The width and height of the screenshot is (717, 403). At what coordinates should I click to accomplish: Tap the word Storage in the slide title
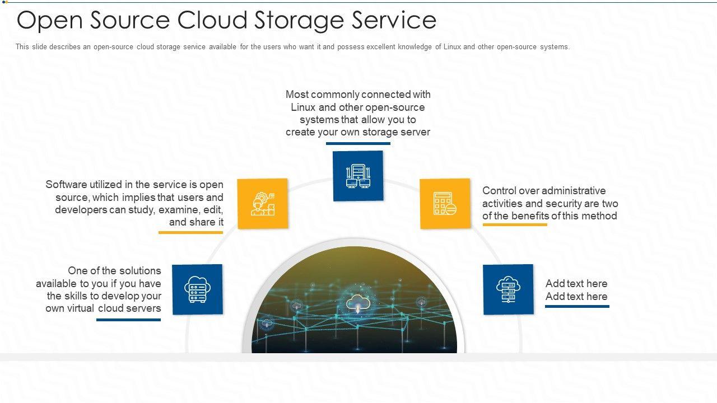point(299,21)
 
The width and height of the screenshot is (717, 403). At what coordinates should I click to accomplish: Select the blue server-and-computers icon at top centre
point(358,176)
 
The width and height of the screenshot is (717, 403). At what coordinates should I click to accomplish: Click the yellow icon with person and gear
point(263,204)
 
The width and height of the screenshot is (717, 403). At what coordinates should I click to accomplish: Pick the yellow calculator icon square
point(445,204)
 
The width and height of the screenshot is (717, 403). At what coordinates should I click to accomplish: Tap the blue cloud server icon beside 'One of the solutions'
point(197,289)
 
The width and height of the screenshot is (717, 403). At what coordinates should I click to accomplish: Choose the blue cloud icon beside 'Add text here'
point(508,289)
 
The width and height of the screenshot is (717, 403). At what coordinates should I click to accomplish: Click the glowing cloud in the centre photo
point(358,303)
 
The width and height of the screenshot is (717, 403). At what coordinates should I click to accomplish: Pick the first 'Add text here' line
point(576,283)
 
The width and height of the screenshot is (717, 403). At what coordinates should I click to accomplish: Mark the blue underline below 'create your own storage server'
point(358,143)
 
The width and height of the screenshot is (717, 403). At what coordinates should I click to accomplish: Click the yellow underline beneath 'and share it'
point(191,232)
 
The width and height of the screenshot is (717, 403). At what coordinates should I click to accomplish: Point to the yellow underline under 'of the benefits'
point(515,224)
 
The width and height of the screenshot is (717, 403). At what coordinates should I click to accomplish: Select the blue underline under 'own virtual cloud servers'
point(129,320)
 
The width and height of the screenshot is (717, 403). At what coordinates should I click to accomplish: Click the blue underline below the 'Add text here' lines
point(577,306)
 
